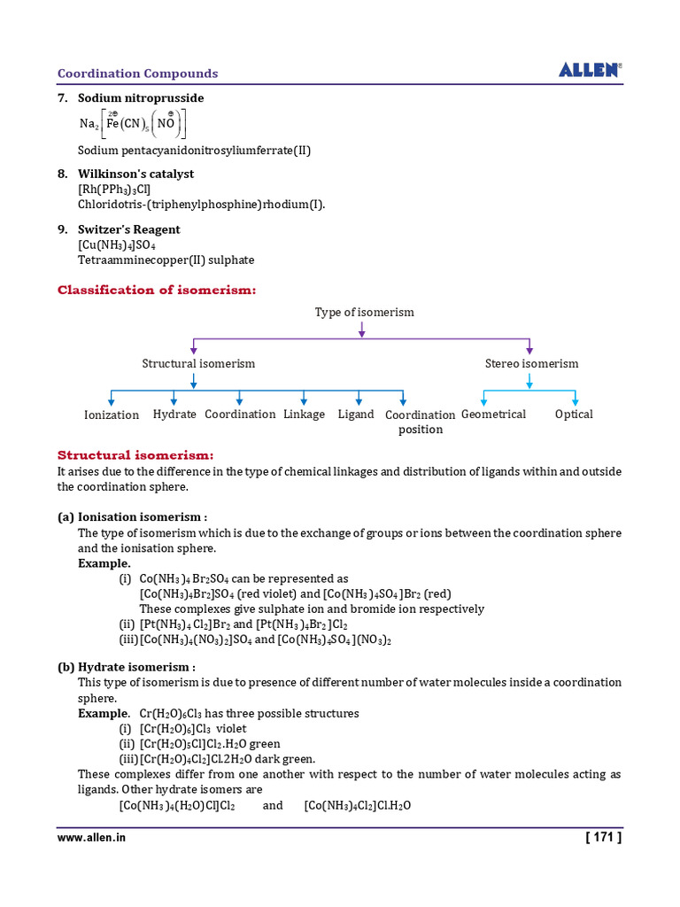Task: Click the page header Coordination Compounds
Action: tap(137, 74)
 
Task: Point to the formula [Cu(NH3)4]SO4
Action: tap(117, 245)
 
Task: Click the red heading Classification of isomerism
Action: tap(157, 291)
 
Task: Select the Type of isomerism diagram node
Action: tap(364, 313)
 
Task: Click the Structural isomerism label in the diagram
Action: tap(198, 364)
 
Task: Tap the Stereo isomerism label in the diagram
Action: tap(531, 364)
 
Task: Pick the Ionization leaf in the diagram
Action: tap(112, 415)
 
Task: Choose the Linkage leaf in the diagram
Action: tap(304, 415)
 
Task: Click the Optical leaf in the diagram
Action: tap(574, 415)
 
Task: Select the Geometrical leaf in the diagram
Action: tap(493, 415)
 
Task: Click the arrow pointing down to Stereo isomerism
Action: tap(529, 345)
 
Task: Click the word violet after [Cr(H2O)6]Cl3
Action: tap(232, 729)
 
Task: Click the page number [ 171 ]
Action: tap(604, 836)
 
